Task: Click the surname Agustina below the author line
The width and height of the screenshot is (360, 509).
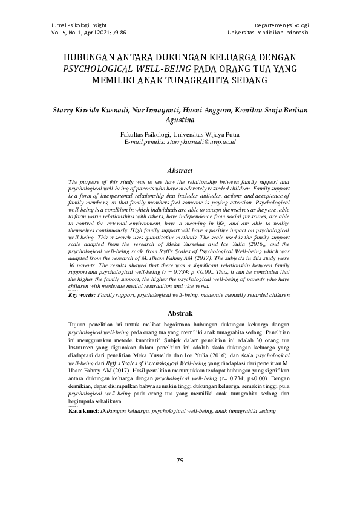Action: click(x=180, y=121)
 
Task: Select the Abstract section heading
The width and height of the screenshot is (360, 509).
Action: click(x=180, y=171)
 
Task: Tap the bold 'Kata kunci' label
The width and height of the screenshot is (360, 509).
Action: click(x=83, y=410)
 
